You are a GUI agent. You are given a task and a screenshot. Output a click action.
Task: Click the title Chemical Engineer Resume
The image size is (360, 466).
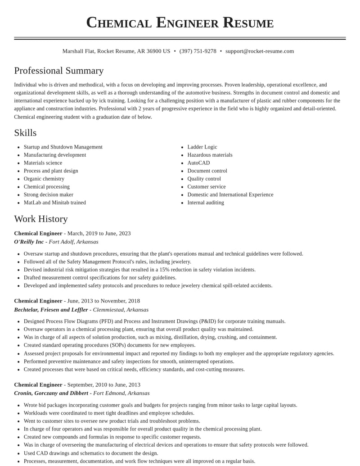click(x=180, y=23)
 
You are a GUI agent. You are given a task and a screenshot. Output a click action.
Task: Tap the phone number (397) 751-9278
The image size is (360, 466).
click(x=198, y=51)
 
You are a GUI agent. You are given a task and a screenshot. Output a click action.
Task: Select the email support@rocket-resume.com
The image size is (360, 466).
click(x=259, y=51)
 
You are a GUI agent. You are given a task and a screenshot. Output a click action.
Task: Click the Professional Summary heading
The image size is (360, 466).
click(x=59, y=71)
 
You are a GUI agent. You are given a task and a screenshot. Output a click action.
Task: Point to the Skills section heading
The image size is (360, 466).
click(x=25, y=133)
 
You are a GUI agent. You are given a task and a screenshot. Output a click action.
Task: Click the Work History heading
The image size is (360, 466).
click(x=41, y=219)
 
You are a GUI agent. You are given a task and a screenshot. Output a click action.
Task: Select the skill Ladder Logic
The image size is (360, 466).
click(x=202, y=147)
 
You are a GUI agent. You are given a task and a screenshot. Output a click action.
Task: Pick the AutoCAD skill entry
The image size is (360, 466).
click(x=198, y=163)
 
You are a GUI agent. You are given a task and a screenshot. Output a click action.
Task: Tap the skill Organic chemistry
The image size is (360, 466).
click(x=44, y=179)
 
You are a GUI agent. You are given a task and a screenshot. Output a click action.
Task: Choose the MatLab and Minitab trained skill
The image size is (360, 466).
click(x=54, y=203)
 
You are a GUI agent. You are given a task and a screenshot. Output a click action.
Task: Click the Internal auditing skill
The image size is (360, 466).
click(x=205, y=203)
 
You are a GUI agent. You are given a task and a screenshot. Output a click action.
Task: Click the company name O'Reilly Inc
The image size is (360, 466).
click(x=29, y=242)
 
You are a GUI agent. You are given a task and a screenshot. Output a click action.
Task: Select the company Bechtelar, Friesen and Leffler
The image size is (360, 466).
click(x=51, y=310)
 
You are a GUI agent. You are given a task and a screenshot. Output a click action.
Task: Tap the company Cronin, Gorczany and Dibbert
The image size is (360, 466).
click(x=51, y=393)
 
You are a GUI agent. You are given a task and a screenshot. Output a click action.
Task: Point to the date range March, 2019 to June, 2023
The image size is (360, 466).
click(x=99, y=233)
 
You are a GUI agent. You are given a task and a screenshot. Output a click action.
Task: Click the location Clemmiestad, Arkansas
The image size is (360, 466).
click(x=121, y=310)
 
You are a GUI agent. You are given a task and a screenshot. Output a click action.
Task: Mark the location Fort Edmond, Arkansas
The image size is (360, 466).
click(x=121, y=393)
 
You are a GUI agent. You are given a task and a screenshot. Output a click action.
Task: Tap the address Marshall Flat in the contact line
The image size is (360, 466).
click(x=78, y=51)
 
